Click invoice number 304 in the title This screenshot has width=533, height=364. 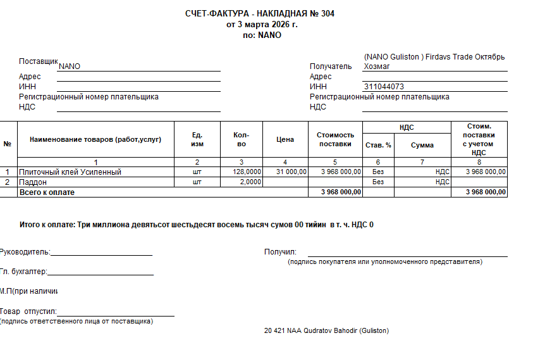[x=327, y=13]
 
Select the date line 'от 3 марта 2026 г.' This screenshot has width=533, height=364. [x=262, y=24]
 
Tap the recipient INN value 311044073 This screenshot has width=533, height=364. [x=384, y=87]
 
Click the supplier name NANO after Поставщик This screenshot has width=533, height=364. [x=69, y=66]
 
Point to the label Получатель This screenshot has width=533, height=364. [x=331, y=66]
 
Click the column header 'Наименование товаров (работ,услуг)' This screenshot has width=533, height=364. [x=95, y=139]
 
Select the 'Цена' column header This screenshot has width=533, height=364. [x=285, y=139]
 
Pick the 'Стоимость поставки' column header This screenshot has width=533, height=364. [x=335, y=139]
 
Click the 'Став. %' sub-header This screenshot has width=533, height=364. [x=378, y=145]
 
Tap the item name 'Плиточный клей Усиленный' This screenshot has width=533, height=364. [x=70, y=172]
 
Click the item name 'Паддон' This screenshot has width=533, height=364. [x=33, y=182]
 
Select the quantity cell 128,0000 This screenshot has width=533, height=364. [x=247, y=172]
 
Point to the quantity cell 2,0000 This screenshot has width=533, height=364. [x=250, y=182]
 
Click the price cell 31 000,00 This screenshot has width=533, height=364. [x=291, y=172]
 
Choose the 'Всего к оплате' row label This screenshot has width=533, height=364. [x=47, y=192]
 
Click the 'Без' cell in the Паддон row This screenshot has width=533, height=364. [x=378, y=182]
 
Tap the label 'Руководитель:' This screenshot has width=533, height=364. [x=25, y=252]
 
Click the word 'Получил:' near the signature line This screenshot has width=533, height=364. [x=280, y=252]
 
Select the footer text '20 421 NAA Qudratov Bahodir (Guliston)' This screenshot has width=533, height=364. [x=326, y=331]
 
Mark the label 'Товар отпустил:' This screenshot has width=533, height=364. [x=28, y=311]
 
